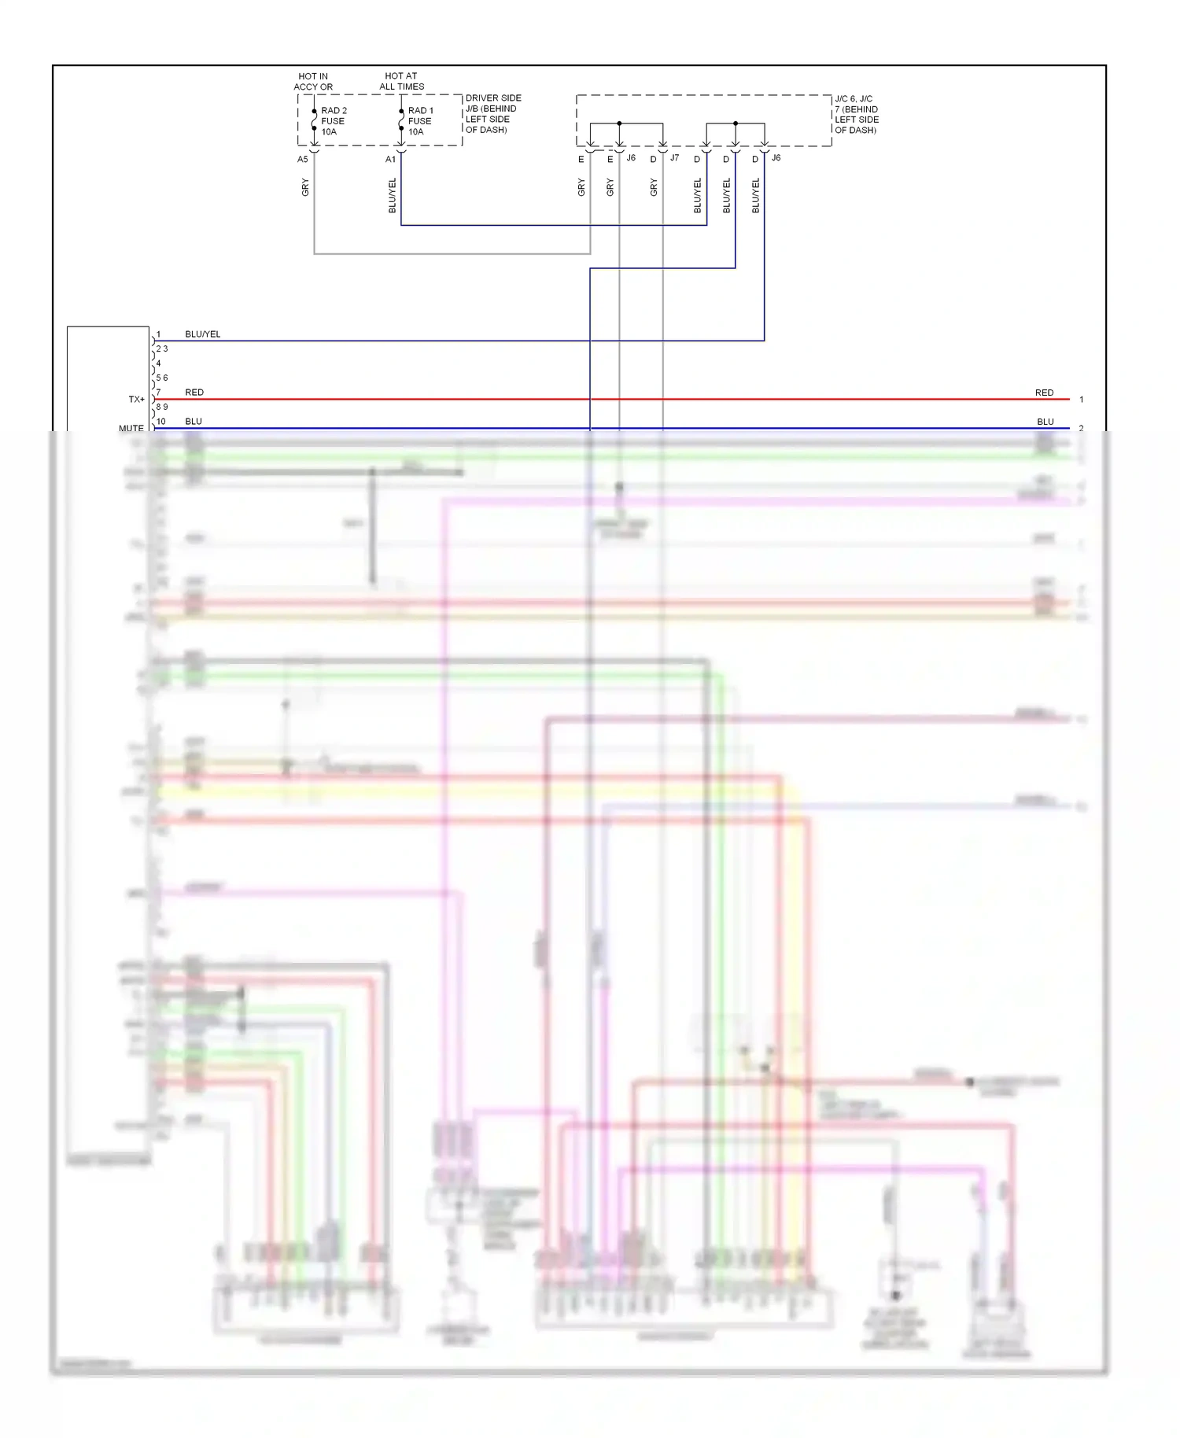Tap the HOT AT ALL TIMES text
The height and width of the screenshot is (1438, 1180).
coord(401,82)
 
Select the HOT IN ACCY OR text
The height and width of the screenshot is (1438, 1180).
coord(313,82)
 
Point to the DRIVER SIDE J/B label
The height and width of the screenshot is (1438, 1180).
coord(492,114)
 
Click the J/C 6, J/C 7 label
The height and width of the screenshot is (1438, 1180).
coord(856,115)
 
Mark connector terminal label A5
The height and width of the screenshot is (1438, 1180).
coord(303,160)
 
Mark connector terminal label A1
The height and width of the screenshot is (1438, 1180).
coord(390,160)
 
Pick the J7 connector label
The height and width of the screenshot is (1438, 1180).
coord(674,158)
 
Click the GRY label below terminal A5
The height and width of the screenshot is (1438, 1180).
coord(305,187)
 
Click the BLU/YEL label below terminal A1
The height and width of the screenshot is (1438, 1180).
coord(393,195)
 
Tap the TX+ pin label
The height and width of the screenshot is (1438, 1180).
coord(137,400)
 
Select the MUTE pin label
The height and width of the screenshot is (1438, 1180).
coord(131,429)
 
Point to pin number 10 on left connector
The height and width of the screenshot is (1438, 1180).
coord(161,422)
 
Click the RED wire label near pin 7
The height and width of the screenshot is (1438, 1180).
coord(194,393)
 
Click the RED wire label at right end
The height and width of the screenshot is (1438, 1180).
coord(1044,393)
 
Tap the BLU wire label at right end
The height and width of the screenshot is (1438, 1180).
coord(1045,422)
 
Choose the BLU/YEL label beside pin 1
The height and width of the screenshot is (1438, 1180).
coord(203,334)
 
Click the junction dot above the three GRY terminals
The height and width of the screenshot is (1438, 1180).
coord(620,124)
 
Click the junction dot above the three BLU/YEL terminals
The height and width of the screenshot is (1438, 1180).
coord(736,124)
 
